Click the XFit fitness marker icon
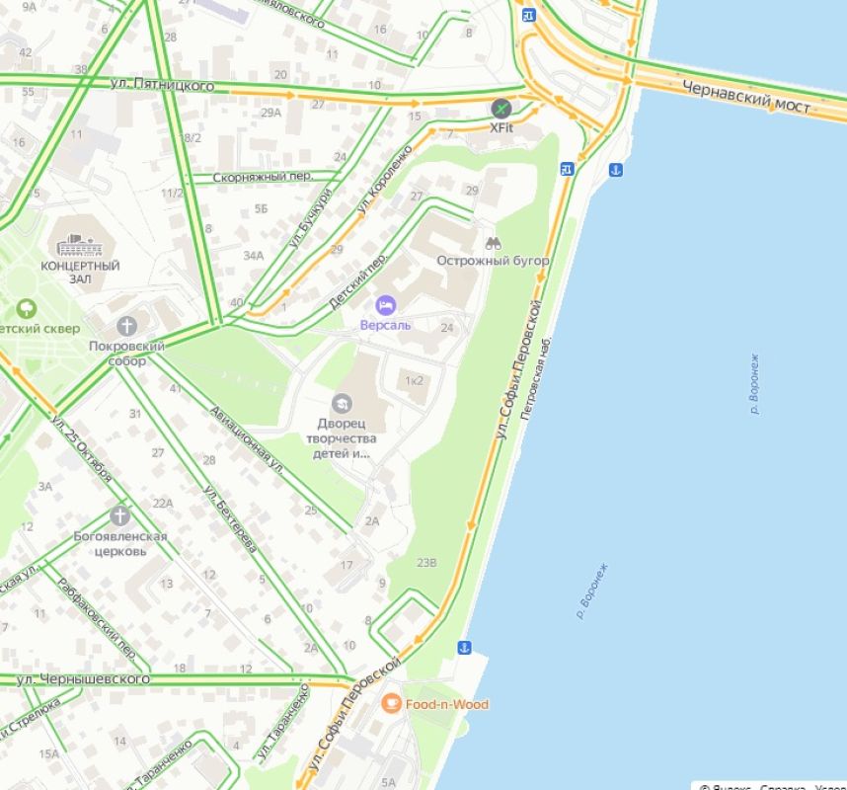click(502, 108)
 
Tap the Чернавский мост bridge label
click(745, 96)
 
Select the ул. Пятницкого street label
click(163, 86)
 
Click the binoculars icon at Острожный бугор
click(493, 241)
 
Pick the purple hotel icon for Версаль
click(385, 305)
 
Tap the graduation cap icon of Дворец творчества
click(342, 403)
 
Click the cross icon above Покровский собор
click(126, 326)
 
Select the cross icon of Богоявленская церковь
click(119, 515)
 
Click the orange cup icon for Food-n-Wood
click(391, 703)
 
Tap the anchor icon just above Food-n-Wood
click(464, 648)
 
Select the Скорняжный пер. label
click(262, 177)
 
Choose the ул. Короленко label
click(386, 179)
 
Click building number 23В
click(425, 562)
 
